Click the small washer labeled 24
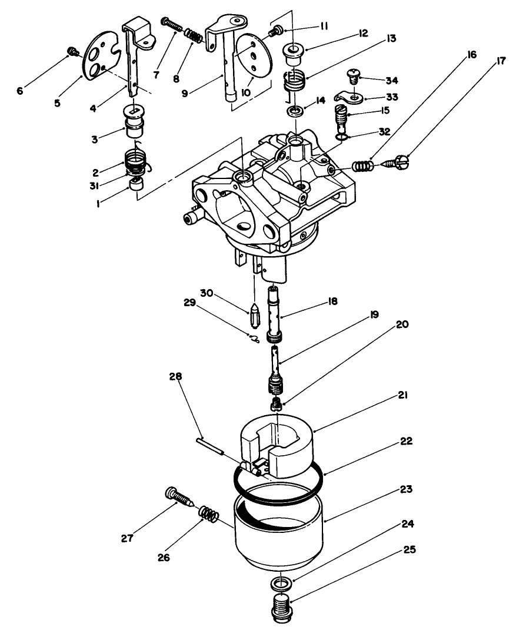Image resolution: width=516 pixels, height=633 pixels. [281, 584]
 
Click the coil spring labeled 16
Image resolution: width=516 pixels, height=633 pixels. [363, 166]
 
